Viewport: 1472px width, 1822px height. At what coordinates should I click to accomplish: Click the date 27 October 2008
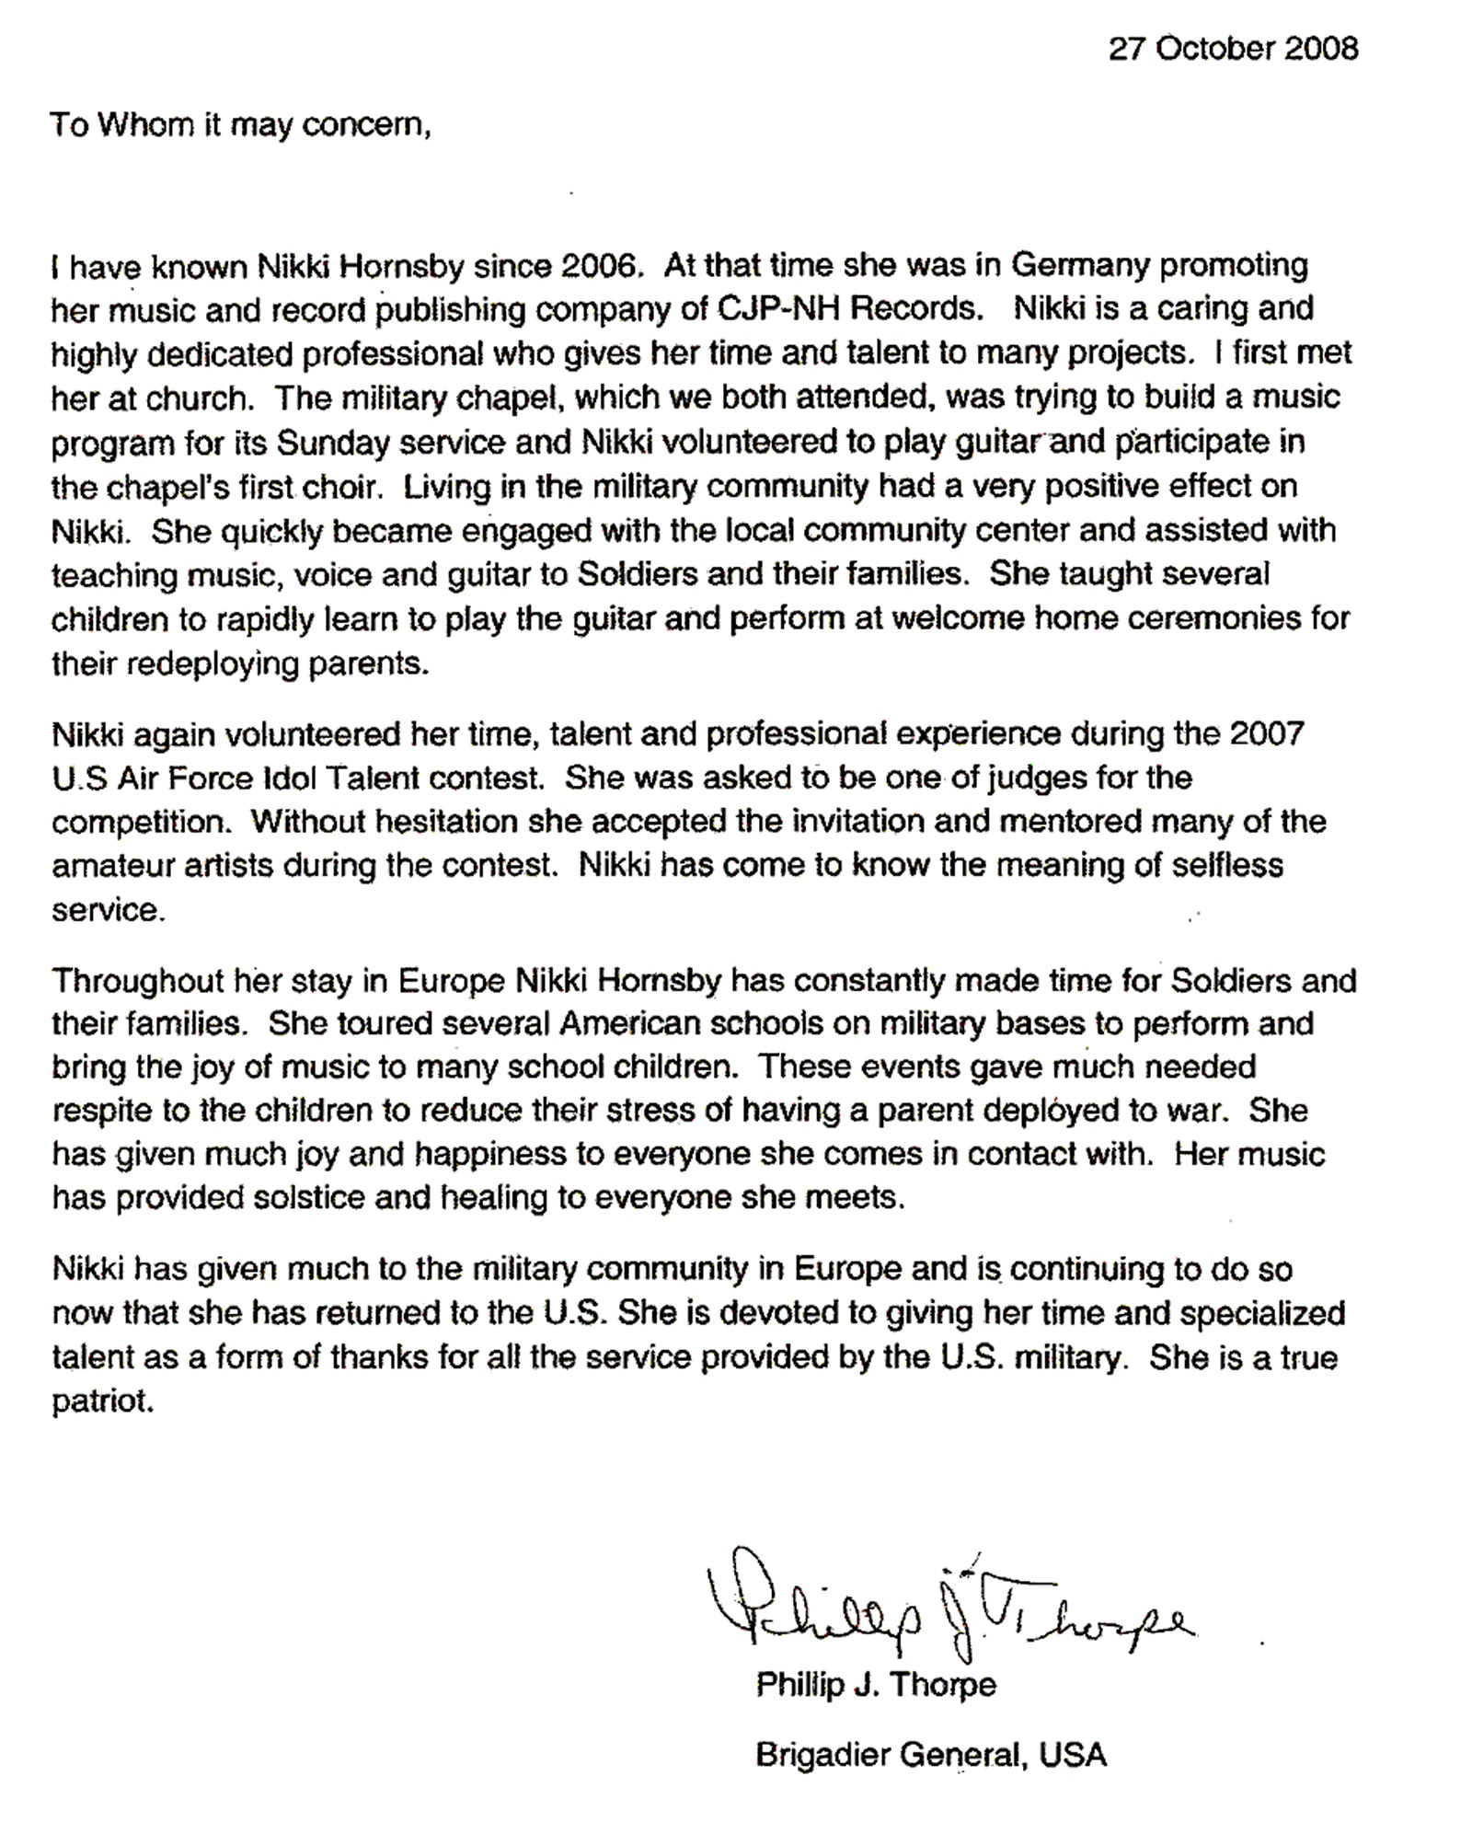(1233, 48)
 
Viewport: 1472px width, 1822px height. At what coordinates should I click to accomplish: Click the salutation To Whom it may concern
(240, 124)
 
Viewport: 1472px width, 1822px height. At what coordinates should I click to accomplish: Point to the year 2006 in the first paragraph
(598, 266)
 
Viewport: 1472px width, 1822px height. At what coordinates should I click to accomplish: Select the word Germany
(1081, 266)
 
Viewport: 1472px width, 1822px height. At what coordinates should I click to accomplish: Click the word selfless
(1229, 866)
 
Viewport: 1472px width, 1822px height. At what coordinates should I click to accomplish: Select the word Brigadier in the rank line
(822, 1755)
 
